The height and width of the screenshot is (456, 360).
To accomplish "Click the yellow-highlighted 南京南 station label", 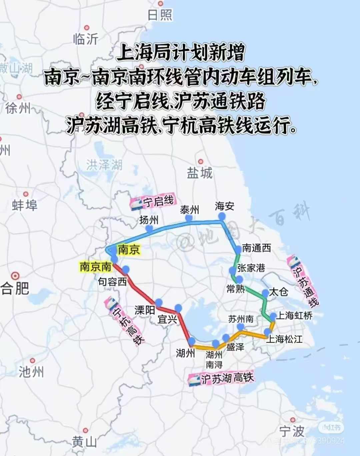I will click(x=95, y=267).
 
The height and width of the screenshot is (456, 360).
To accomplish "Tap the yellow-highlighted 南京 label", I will click(x=129, y=250).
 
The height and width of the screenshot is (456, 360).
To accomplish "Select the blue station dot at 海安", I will click(x=222, y=216).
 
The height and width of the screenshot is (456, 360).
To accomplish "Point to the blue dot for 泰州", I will click(x=189, y=218).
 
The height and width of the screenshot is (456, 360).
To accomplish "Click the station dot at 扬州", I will click(x=149, y=228).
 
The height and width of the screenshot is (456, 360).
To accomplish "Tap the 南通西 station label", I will click(x=256, y=248).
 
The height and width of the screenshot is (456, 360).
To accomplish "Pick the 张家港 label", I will click(x=251, y=268).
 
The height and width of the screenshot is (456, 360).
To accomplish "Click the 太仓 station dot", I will click(x=265, y=293).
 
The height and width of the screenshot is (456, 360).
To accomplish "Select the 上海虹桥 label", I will click(x=295, y=315).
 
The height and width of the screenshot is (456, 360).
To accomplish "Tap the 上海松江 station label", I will click(x=285, y=339).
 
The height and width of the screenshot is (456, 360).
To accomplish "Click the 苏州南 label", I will click(x=241, y=319).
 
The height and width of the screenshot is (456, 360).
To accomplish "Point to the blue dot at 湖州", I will click(x=192, y=341).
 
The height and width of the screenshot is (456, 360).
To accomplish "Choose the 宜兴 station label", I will click(x=167, y=319).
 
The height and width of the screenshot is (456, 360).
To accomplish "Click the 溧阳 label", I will click(x=145, y=310).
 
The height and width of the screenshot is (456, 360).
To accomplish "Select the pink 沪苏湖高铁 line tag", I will click(x=221, y=379).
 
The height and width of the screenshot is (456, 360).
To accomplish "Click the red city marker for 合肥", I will click(x=15, y=276).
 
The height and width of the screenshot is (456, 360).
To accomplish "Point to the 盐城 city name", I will click(x=199, y=173).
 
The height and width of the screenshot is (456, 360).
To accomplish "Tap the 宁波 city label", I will click(x=292, y=431).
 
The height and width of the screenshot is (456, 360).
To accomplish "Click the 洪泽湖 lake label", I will click(x=104, y=165).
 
